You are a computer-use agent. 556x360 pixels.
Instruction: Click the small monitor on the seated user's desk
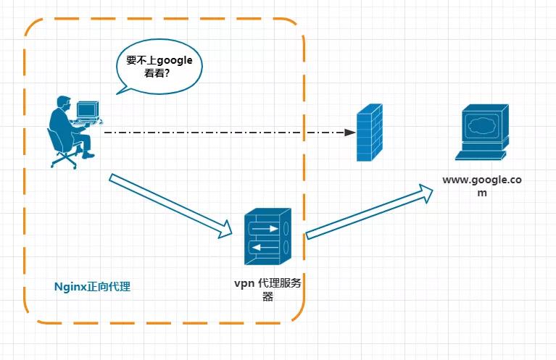[x=87, y=109]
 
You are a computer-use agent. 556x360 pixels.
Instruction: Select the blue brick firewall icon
[x=369, y=132]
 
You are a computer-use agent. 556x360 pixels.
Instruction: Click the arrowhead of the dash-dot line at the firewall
[x=350, y=133]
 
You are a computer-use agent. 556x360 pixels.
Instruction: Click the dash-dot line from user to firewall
[x=225, y=133]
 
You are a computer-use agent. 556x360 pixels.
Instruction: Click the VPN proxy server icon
[x=267, y=237]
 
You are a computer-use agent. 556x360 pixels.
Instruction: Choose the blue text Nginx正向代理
[x=93, y=286]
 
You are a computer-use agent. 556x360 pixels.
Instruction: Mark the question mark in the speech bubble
[x=167, y=75]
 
